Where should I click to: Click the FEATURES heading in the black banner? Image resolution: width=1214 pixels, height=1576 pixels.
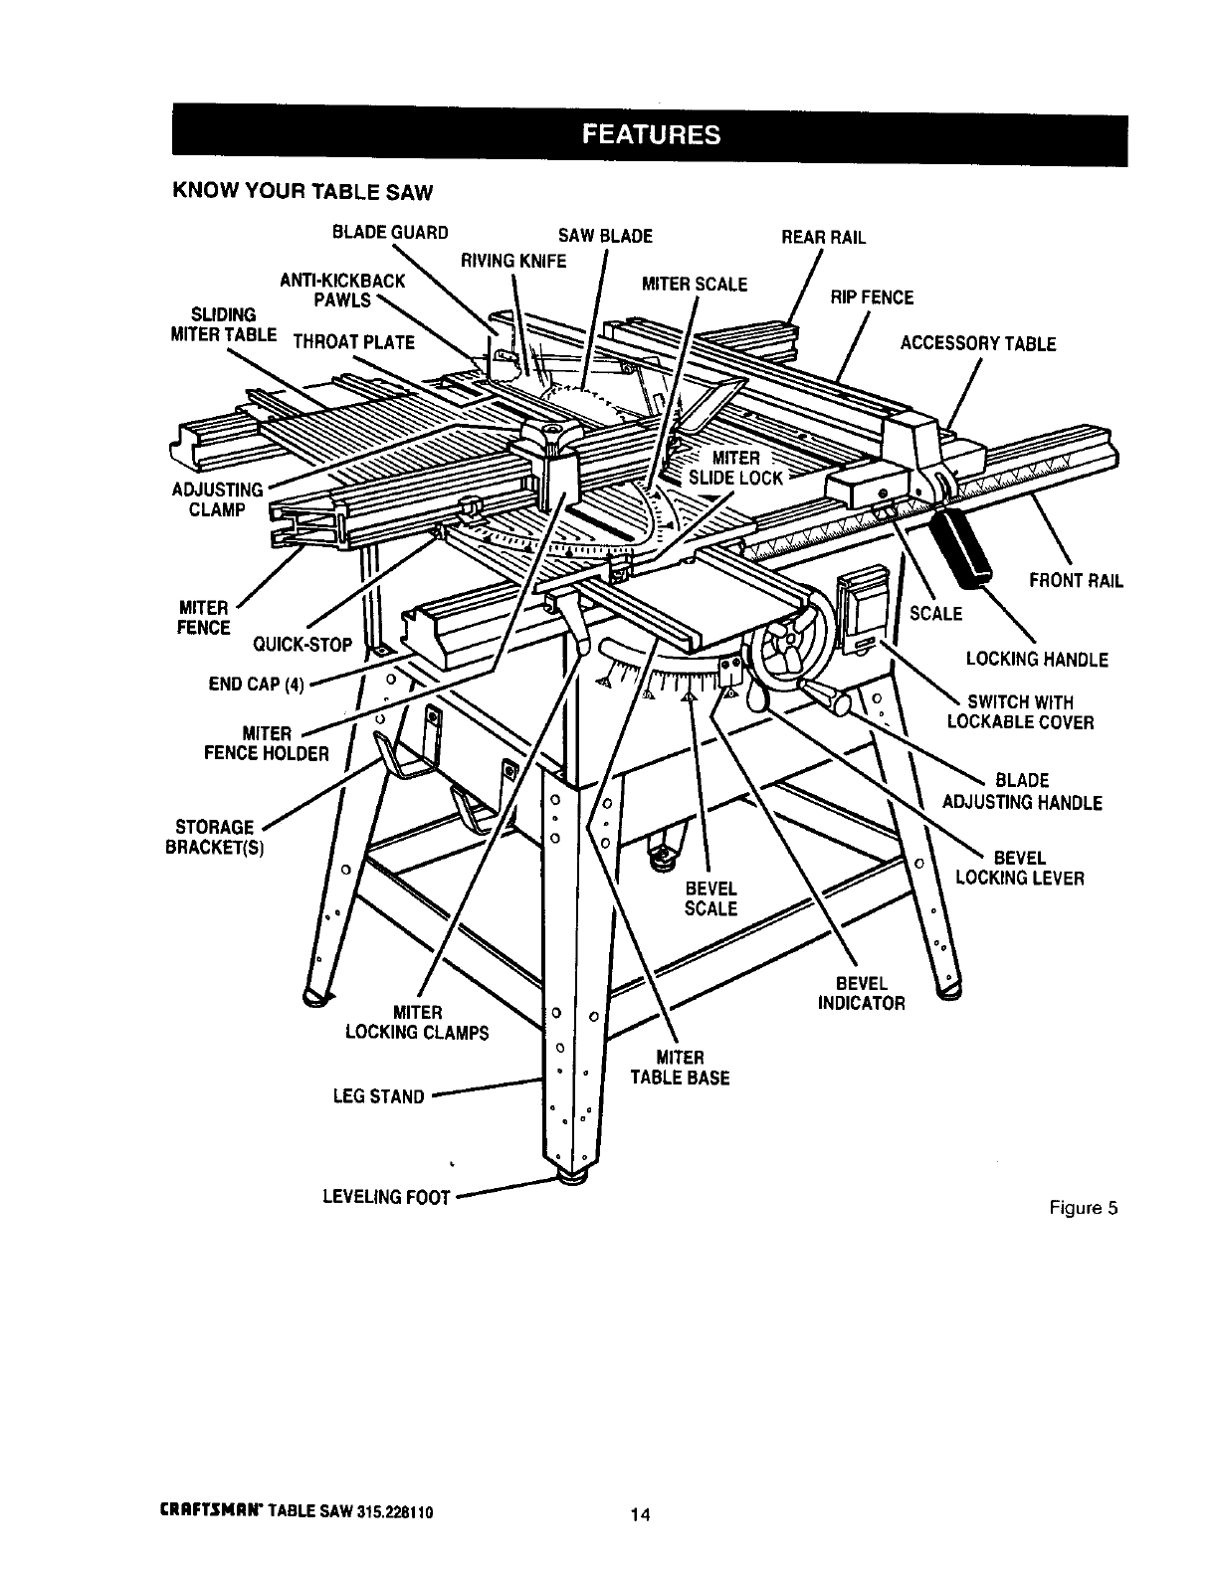pos(651,135)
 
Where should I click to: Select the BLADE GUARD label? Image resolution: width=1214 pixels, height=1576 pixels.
pos(391,234)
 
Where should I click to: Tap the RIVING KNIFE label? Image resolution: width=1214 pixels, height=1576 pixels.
pos(512,261)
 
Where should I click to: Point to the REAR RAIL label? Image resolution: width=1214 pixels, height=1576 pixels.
pos(824,238)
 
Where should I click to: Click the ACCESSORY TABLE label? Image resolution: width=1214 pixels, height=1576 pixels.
pos(978,344)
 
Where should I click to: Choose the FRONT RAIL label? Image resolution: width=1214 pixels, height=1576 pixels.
pos(1077,582)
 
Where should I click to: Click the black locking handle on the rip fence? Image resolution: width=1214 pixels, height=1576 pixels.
pos(961,543)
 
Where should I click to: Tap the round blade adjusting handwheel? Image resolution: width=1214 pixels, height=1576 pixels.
pos(786,658)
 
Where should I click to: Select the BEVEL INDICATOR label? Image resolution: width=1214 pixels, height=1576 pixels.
pos(862,994)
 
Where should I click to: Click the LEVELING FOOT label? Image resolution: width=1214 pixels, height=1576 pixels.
pos(387,1197)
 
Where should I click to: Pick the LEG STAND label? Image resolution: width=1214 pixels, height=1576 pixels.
pos(378,1097)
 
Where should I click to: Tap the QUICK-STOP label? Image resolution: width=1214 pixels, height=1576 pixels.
pos(303,644)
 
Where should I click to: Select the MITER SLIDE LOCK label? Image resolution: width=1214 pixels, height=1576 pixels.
pos(736,467)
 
